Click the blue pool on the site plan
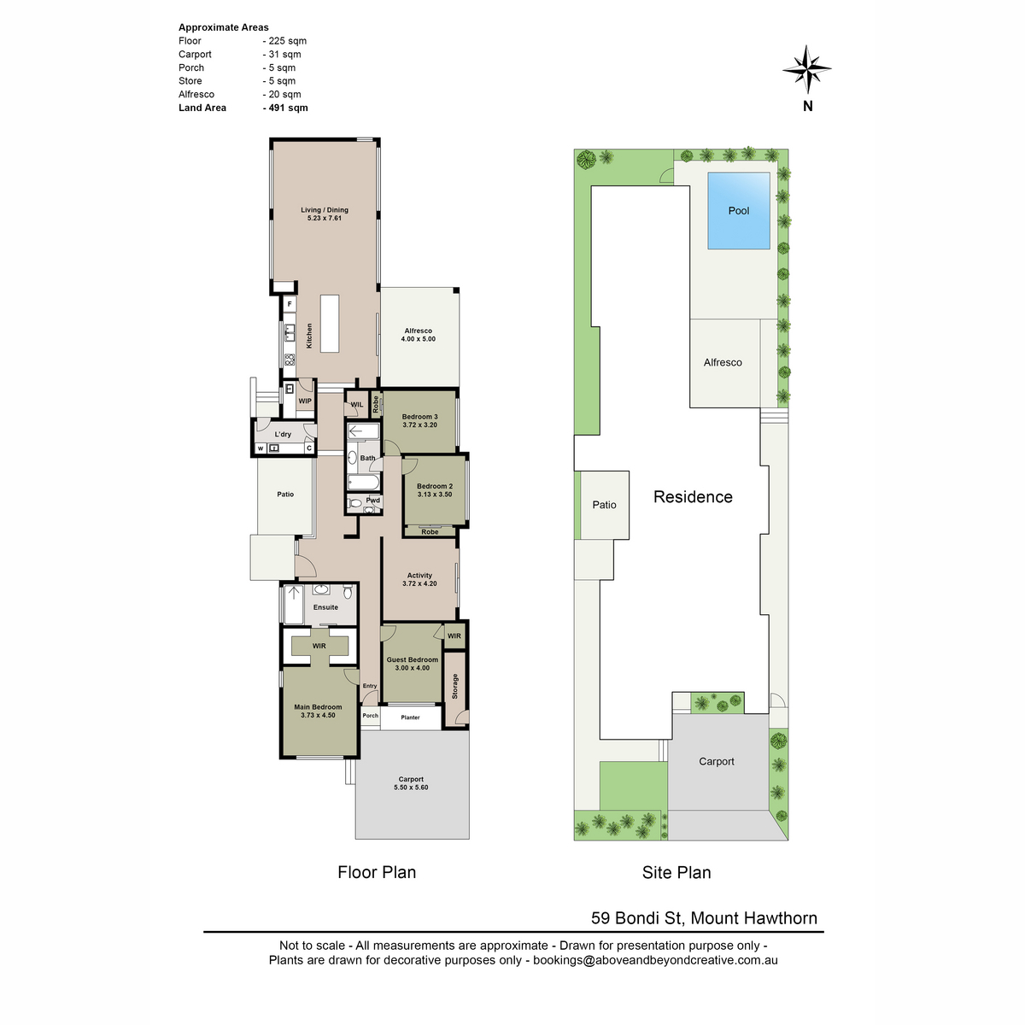[x=738, y=211]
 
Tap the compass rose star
[x=807, y=69]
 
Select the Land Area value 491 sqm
[x=285, y=108]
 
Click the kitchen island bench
[x=329, y=324]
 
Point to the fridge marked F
[x=290, y=304]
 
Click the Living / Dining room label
[x=325, y=210]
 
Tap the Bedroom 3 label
[x=419, y=417]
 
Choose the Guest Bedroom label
[x=413, y=659]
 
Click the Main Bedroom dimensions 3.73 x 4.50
[x=318, y=716]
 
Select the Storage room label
[x=454, y=686]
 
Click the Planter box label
[x=410, y=717]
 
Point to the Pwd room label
[x=373, y=500]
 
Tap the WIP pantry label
[x=305, y=401]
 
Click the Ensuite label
[x=325, y=607]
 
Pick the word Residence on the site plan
[x=693, y=497]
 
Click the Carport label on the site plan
[x=716, y=762]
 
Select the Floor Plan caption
[x=377, y=872]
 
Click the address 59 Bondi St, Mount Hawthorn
[x=704, y=918]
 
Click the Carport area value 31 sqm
[x=282, y=55]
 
